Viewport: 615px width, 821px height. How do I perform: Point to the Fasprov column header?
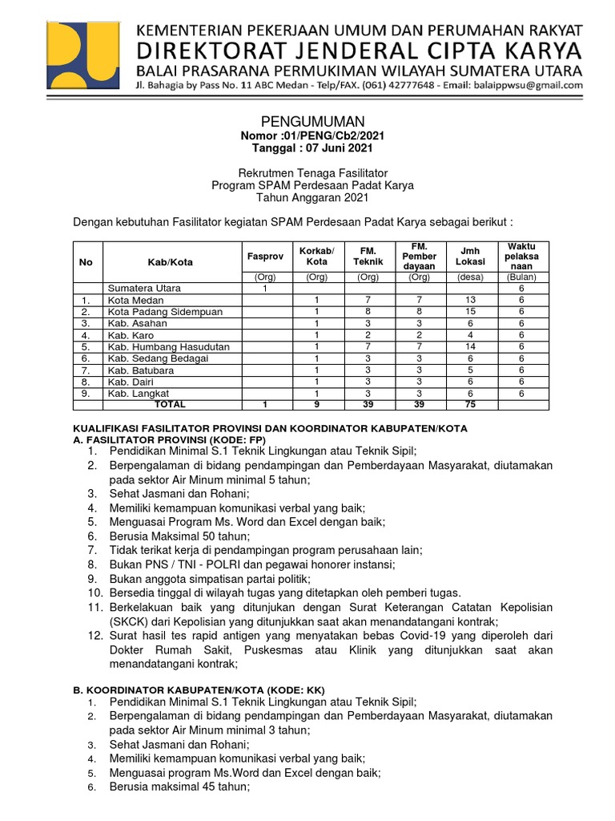[265, 255]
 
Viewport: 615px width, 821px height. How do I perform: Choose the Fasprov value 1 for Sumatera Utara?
[265, 288]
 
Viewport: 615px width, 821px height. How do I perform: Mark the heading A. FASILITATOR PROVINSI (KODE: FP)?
[169, 440]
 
